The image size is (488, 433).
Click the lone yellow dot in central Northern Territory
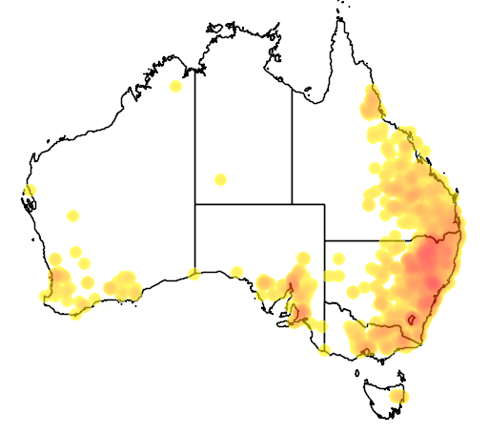[220, 179]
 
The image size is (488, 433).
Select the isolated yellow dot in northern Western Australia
[175, 87]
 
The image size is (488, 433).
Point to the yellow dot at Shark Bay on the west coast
[30, 191]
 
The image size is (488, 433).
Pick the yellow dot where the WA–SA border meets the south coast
[195, 275]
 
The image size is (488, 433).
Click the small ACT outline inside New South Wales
[412, 320]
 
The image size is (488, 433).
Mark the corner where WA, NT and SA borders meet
[195, 204]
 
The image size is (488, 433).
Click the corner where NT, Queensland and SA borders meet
[292, 204]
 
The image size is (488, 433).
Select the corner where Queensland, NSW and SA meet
[324, 241]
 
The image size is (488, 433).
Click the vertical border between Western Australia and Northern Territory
[195, 134]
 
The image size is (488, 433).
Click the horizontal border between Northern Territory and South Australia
[243, 204]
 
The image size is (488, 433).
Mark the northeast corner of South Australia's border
[324, 204]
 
